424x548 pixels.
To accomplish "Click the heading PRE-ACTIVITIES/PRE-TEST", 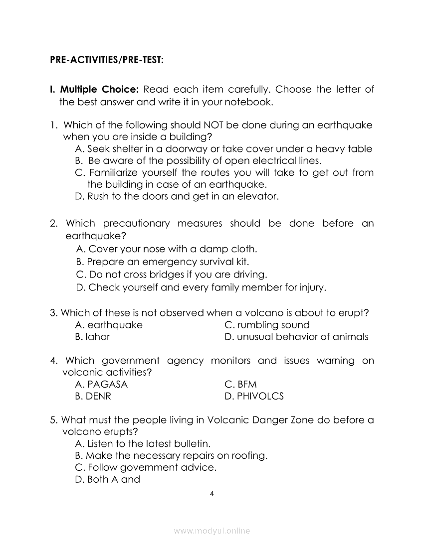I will click(x=107, y=60).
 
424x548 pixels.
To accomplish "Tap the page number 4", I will click(x=212, y=494).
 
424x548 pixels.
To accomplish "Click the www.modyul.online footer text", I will click(x=212, y=531).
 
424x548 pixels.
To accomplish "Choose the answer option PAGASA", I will click(x=101, y=385).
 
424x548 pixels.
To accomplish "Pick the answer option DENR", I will click(x=93, y=397).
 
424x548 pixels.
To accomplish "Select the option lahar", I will click(x=92, y=337).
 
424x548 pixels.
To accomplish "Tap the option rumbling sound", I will click(x=267, y=325).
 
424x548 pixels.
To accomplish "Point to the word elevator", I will click(x=259, y=196).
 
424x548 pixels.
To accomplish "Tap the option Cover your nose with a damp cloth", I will click(x=167, y=249).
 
